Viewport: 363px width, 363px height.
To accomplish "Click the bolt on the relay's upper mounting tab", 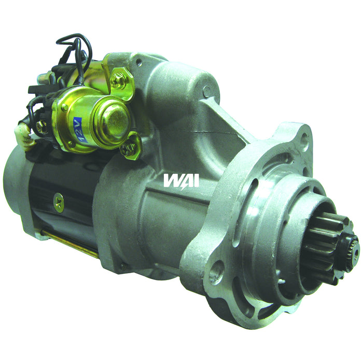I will tap(119, 80).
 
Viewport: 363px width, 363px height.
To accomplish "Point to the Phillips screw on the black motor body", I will tap(59, 200).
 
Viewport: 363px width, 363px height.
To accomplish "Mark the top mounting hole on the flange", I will tap(304, 138).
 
